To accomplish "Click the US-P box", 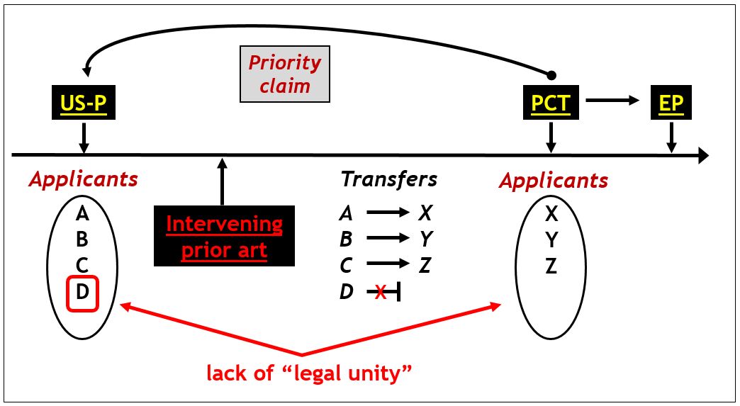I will point(83,104).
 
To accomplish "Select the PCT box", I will point(550,104).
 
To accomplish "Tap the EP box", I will point(671,104).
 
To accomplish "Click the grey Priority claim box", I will point(284,74).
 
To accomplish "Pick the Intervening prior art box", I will point(224,237).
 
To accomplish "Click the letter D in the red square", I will point(82,292).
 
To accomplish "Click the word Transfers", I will point(388,179).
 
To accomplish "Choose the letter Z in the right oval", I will point(551,266).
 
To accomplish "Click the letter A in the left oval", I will point(82,213).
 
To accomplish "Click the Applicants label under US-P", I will point(83,179).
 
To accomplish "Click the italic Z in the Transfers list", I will point(425,266).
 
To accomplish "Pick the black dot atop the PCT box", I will point(551,74).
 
